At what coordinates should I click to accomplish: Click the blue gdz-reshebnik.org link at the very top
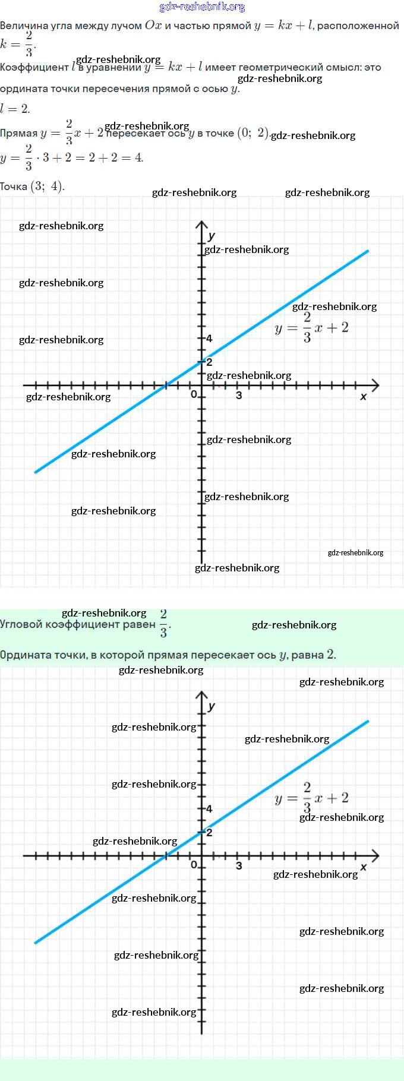click(x=202, y=7)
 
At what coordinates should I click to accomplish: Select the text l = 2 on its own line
click(x=15, y=109)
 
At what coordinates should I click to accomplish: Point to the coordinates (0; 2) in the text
click(x=253, y=132)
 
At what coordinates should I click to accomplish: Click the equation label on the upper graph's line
click(x=311, y=328)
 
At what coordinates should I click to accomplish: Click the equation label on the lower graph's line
click(x=311, y=798)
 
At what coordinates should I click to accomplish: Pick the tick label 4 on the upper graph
click(x=209, y=339)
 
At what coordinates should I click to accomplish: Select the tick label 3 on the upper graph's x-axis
click(x=239, y=395)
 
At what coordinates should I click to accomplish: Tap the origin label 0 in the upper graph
click(x=194, y=394)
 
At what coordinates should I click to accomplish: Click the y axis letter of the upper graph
click(x=212, y=236)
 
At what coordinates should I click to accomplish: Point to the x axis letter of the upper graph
click(x=364, y=396)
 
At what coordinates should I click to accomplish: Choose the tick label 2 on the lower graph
click(x=209, y=832)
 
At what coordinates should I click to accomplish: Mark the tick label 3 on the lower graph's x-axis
click(x=239, y=865)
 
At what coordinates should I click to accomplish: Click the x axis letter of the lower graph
click(x=364, y=867)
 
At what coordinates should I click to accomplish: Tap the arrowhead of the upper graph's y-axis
click(x=201, y=224)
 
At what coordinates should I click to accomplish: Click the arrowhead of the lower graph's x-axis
click(x=375, y=855)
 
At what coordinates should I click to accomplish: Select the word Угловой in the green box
click(x=21, y=624)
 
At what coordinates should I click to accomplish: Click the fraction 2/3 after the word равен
click(x=163, y=623)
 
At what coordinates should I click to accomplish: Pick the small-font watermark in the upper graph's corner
click(x=355, y=552)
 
